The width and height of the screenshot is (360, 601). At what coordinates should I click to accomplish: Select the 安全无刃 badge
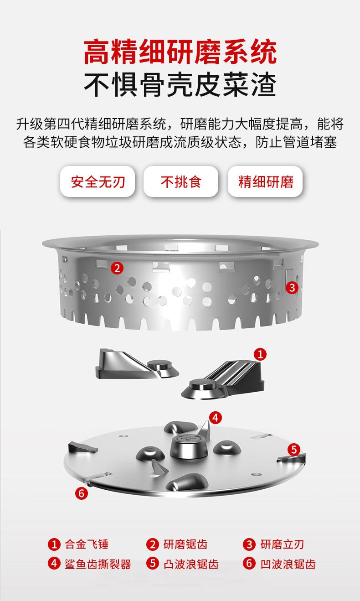coord(98,181)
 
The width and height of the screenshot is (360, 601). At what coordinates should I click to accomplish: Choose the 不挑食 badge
coord(181,181)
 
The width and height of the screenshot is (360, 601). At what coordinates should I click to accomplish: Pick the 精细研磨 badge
coord(265,181)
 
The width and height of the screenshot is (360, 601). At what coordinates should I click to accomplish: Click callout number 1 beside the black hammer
coord(260,354)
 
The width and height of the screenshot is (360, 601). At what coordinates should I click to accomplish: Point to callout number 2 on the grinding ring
coord(117,268)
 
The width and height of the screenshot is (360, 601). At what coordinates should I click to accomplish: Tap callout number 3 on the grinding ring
coord(292,288)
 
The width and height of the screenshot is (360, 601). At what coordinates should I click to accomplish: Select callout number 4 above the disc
coord(215,418)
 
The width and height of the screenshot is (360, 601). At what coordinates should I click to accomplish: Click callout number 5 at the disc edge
coord(294,450)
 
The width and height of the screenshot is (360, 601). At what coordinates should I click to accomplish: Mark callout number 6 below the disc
coord(82,493)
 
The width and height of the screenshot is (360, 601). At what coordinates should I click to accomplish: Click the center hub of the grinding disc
coord(189,446)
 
